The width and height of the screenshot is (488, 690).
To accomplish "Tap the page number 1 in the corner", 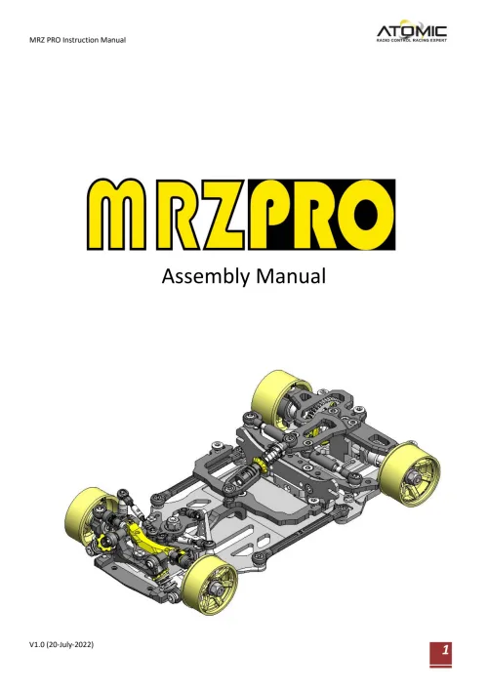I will pyautogui.click(x=444, y=650).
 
